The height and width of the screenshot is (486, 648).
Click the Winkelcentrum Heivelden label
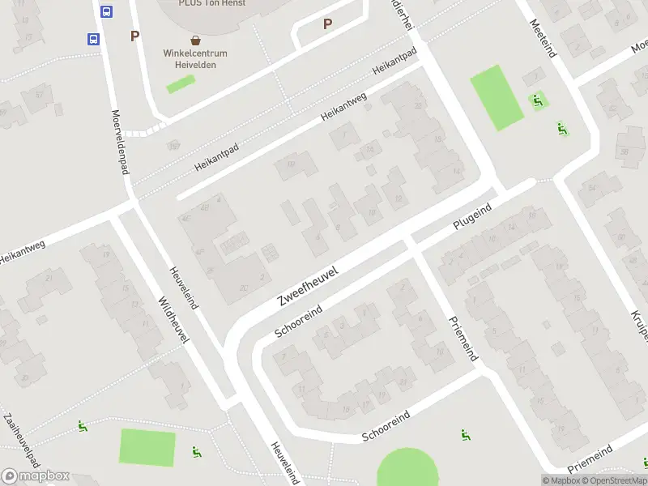[x=195, y=59]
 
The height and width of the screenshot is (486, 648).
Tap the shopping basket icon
[x=195, y=40]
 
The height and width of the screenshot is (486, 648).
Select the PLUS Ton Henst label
[x=212, y=3]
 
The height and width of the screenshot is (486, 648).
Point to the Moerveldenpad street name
[x=120, y=142]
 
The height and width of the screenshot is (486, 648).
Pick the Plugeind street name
[x=472, y=219]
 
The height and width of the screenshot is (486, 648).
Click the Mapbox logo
[x=35, y=476]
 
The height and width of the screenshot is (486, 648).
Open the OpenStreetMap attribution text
[x=618, y=480]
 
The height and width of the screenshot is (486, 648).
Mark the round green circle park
[x=407, y=469]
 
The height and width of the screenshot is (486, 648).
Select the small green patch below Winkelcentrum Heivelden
[x=181, y=83]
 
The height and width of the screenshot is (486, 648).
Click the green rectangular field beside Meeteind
[x=497, y=98]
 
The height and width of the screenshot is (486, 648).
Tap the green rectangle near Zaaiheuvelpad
[x=147, y=448]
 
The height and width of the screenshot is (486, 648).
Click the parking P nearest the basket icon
[x=134, y=36]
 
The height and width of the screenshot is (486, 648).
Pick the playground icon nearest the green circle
[x=465, y=435]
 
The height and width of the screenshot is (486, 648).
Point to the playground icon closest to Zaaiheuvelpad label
[x=83, y=426]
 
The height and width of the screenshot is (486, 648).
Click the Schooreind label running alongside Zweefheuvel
[x=299, y=322]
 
